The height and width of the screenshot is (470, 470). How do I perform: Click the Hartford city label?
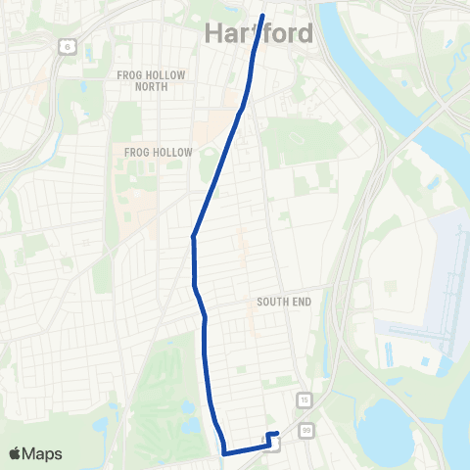(x=259, y=33)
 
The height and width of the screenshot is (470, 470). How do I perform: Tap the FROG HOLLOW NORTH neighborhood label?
(x=143, y=80)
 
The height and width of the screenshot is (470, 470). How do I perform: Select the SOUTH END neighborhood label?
(x=284, y=302)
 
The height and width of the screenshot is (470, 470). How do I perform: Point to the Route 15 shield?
(x=305, y=400)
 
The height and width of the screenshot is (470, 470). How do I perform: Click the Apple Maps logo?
(x=35, y=453)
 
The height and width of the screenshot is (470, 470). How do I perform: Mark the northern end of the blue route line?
(x=263, y=14)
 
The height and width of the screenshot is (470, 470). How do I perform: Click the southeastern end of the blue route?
(x=278, y=433)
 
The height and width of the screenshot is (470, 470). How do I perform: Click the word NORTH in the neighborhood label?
(x=143, y=86)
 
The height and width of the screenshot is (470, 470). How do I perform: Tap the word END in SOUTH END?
(x=301, y=302)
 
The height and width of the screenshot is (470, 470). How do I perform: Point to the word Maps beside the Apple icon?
(x=43, y=453)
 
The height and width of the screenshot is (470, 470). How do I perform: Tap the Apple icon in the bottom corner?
(x=16, y=452)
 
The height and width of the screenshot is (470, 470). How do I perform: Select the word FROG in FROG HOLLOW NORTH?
(x=127, y=74)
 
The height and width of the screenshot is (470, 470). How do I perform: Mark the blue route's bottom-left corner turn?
(x=224, y=453)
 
